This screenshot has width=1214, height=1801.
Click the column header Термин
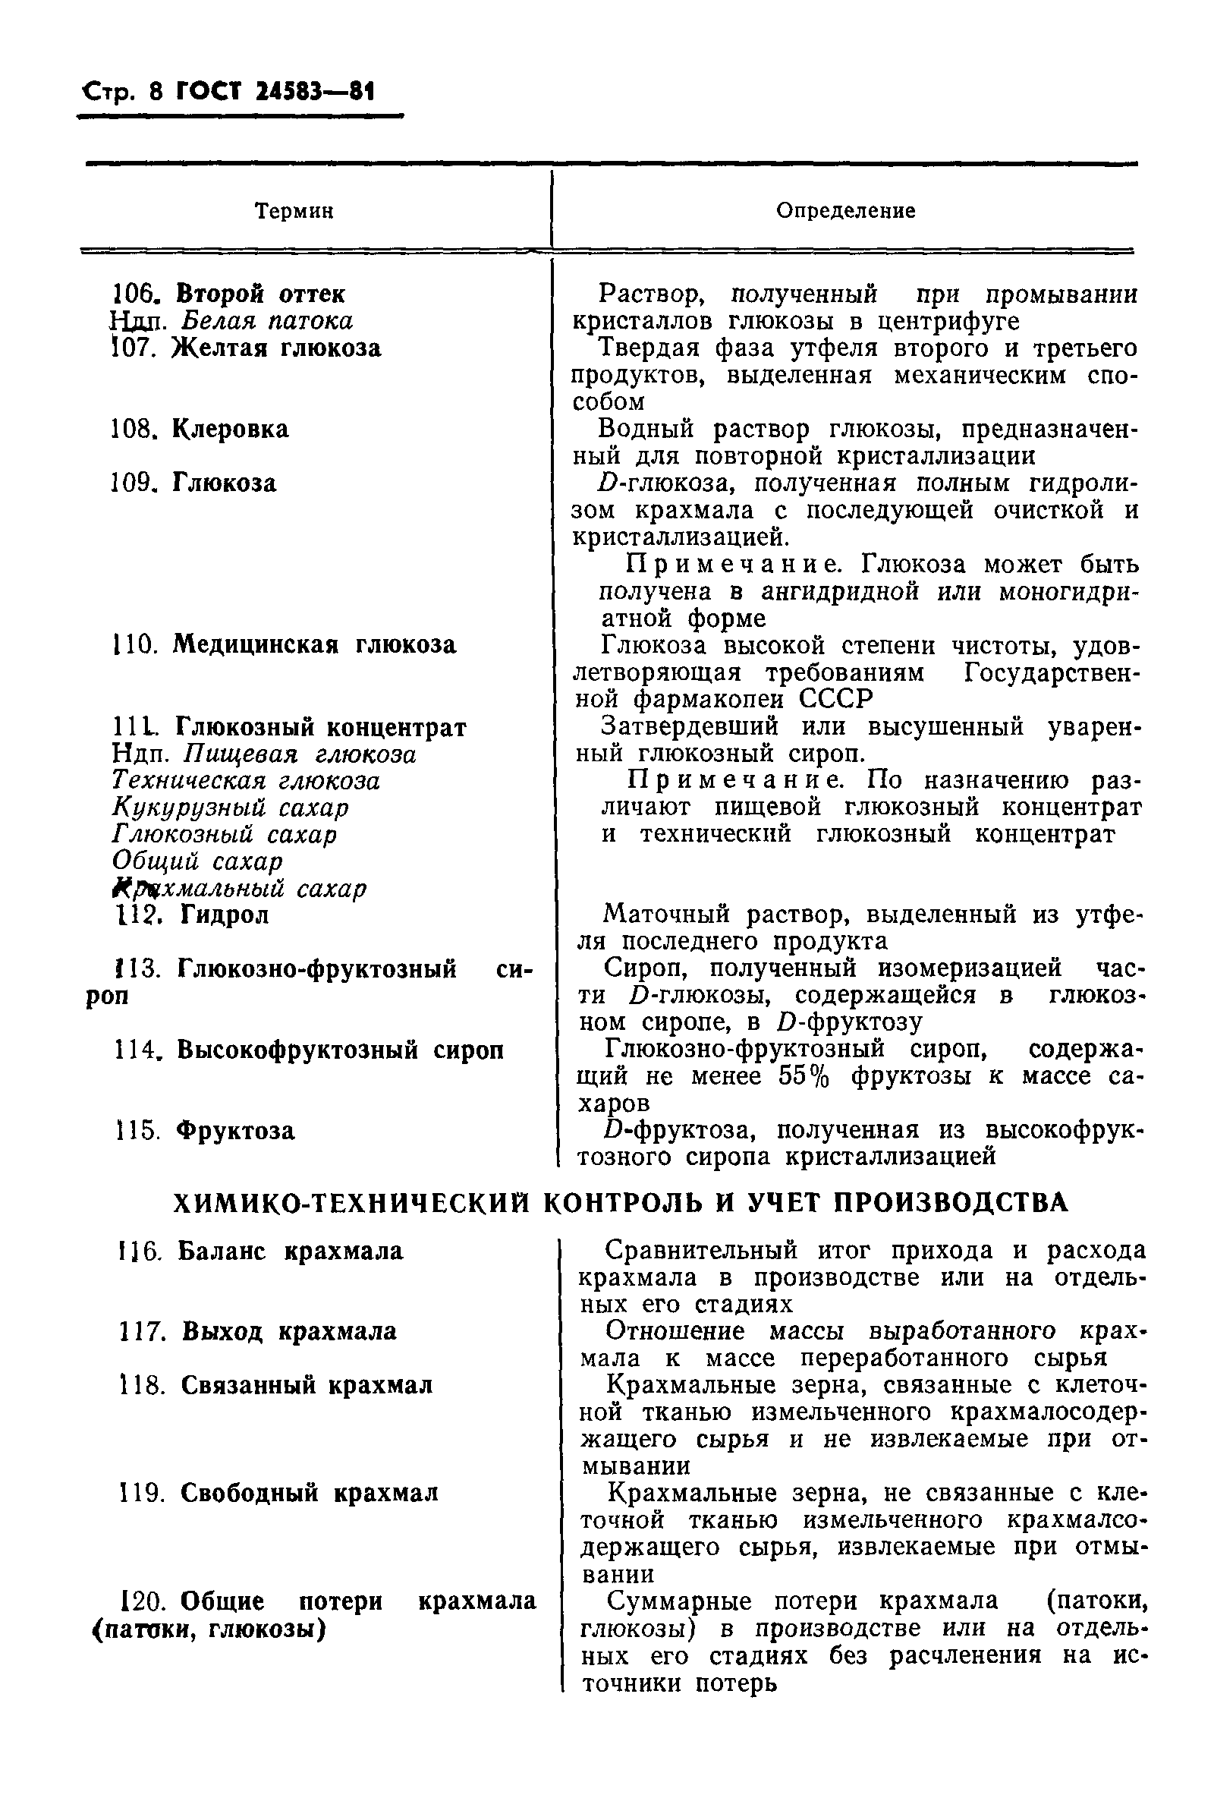[294, 210]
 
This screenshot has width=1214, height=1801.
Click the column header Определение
[845, 210]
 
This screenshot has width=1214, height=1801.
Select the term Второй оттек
[261, 294]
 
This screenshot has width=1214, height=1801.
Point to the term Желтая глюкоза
[276, 348]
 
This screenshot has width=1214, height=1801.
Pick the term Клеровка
[230, 429]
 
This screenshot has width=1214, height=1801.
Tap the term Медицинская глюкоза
[314, 645]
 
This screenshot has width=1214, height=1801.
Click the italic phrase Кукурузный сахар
[231, 808]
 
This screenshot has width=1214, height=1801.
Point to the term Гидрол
[224, 915]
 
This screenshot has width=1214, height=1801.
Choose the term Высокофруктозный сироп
[340, 1050]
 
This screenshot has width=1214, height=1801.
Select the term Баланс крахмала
[291, 1252]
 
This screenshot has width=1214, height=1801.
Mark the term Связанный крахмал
[307, 1385]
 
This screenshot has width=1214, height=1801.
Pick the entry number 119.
[142, 1493]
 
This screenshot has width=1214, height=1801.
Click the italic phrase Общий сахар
[197, 861]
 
